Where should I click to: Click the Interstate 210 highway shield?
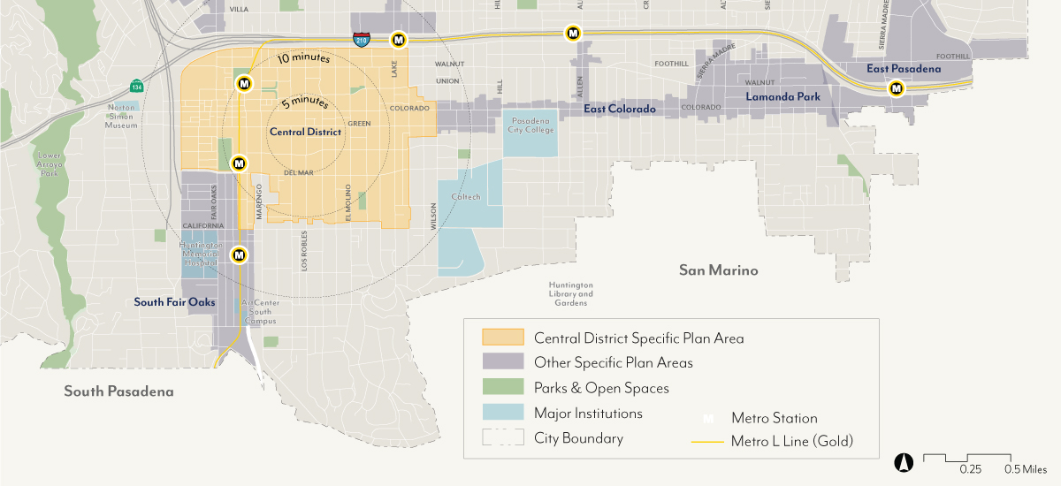[x=361, y=40]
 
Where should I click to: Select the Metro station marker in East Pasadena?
[x=897, y=88]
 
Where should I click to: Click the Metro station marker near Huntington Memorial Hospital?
[x=239, y=255]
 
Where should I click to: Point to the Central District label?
[x=305, y=132]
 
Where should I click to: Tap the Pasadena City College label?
[x=530, y=125]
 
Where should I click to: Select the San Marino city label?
[x=718, y=270]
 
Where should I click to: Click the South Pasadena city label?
[x=118, y=391]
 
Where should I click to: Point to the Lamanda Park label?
[x=782, y=97]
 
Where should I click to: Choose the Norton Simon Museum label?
[x=123, y=116]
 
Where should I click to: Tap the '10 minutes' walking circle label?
[x=303, y=59]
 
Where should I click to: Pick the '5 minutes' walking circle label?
[x=304, y=103]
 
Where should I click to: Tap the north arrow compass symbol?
[x=905, y=460]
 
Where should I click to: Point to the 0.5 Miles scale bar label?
[x=1026, y=469]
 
